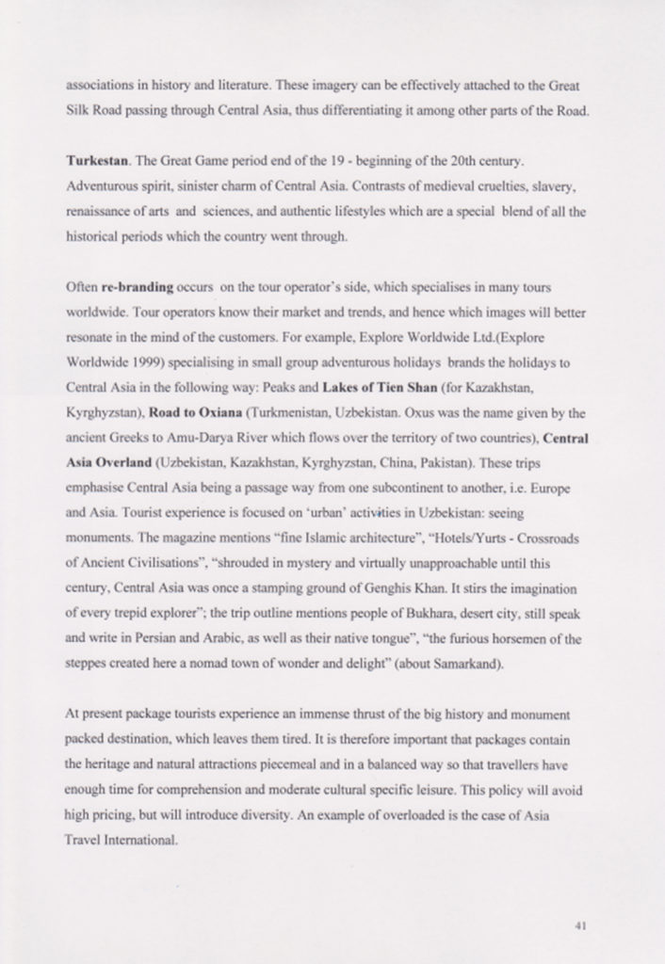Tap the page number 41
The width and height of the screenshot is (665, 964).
tap(580, 925)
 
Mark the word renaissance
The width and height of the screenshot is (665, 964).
tap(102, 211)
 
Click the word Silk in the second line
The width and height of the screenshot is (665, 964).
tap(78, 110)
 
